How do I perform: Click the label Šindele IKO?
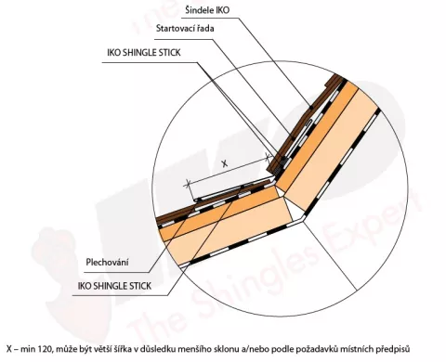pyautogui.click(x=207, y=10)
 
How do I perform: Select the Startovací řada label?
pyautogui.click(x=185, y=29)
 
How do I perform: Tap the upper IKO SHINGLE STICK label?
pyautogui.click(x=144, y=53)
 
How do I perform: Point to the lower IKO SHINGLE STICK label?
pyautogui.click(x=114, y=286)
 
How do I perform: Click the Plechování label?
pyautogui.click(x=107, y=263)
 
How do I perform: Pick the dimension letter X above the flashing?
pyautogui.click(x=225, y=163)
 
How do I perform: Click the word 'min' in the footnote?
pyautogui.click(x=29, y=349)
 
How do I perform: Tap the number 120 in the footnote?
pyautogui.click(x=46, y=349)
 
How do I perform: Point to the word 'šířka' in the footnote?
pyautogui.click(x=123, y=349)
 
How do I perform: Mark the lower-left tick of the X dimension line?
pyautogui.click(x=187, y=185)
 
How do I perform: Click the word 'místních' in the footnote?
pyautogui.click(x=358, y=349)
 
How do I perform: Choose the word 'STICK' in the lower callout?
pyautogui.click(x=139, y=286)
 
